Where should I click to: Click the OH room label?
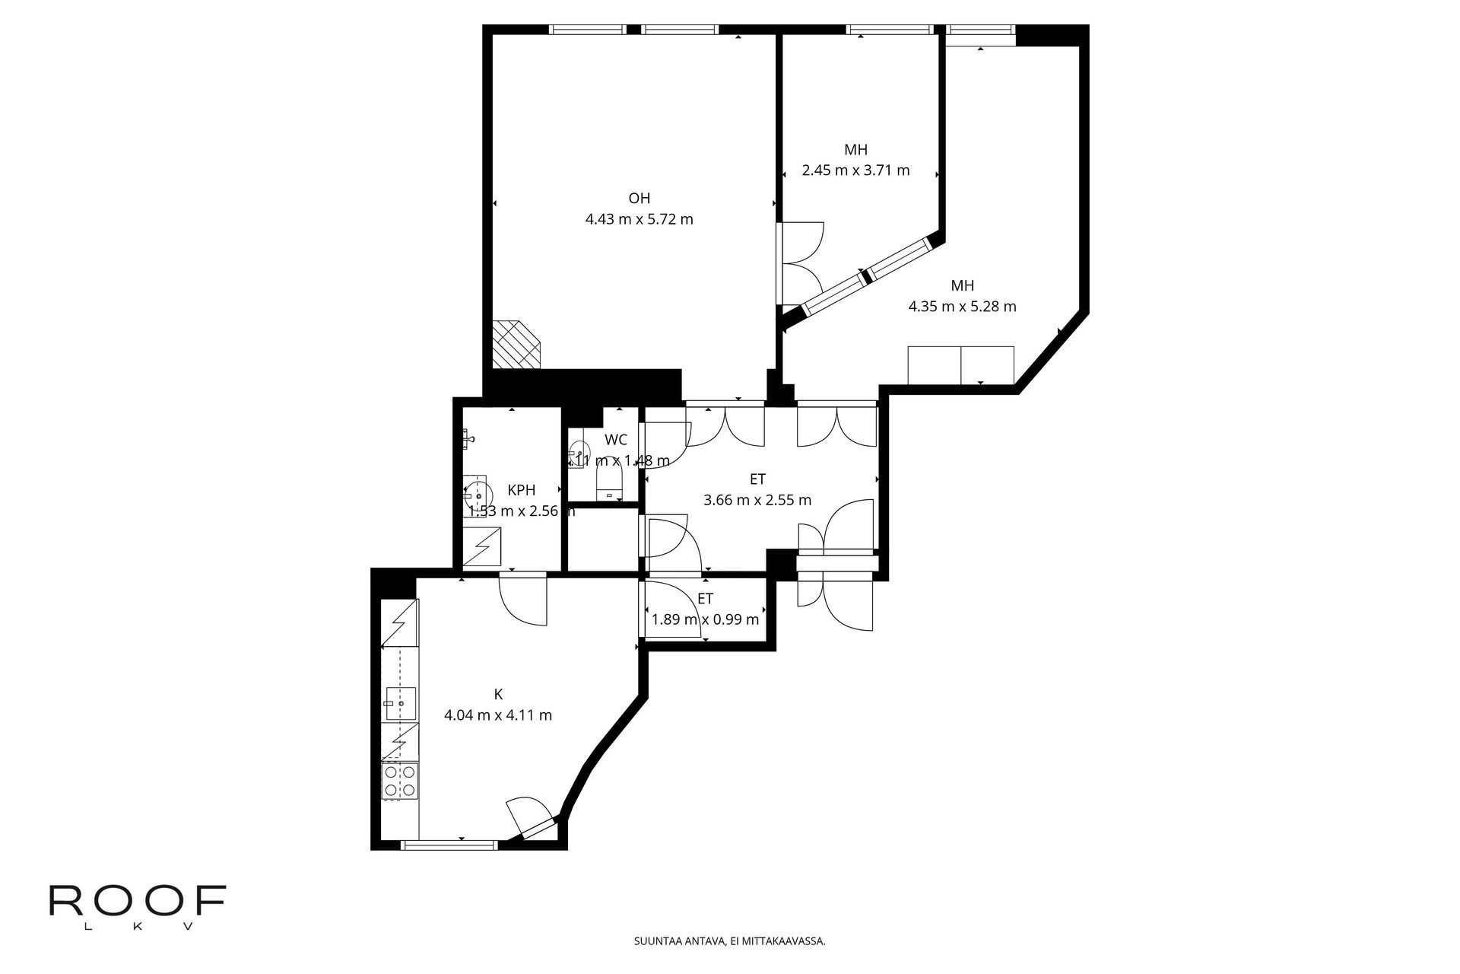point(639,199)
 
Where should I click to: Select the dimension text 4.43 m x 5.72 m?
point(639,220)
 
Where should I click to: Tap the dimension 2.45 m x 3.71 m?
point(855,170)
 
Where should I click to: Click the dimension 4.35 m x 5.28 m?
point(962,307)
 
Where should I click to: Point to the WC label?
point(616,440)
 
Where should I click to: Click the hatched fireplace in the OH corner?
point(516,345)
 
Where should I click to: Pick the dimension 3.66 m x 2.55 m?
point(757,500)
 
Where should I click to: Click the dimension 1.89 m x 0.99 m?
point(705,619)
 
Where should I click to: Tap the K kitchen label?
point(498,694)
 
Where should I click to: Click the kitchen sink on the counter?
point(400,703)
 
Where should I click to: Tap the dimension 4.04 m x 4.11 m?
point(498,715)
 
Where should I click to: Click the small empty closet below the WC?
point(603,539)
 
